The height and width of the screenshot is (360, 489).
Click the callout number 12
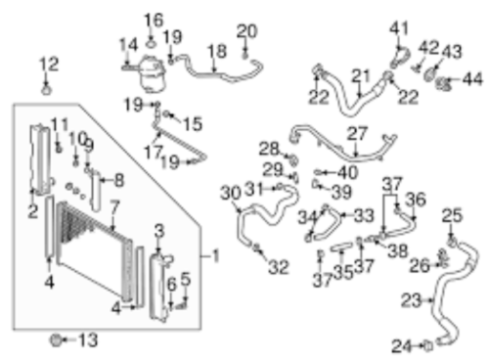click(49, 64)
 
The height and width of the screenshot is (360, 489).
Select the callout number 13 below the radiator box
click(88, 340)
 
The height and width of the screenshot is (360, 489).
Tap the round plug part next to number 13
click(57, 340)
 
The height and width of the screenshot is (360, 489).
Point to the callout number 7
click(114, 207)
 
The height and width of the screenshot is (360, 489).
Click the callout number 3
click(159, 231)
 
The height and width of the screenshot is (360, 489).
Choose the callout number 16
click(154, 21)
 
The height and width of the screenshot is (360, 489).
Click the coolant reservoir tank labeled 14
click(151, 74)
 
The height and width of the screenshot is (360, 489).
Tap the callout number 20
click(246, 31)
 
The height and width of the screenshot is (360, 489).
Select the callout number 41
click(399, 28)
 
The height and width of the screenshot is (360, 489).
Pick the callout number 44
click(472, 79)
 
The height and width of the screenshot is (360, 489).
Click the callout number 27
click(357, 133)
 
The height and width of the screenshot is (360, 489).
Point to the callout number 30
click(231, 193)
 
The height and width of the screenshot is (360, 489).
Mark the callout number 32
click(279, 267)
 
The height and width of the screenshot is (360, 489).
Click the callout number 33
click(364, 215)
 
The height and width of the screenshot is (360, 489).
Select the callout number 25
click(452, 215)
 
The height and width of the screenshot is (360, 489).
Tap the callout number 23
click(411, 300)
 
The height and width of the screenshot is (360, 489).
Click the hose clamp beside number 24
click(428, 345)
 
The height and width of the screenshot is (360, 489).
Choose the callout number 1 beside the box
click(216, 256)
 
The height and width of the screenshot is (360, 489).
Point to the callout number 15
click(193, 124)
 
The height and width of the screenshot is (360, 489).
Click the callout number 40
click(348, 172)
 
